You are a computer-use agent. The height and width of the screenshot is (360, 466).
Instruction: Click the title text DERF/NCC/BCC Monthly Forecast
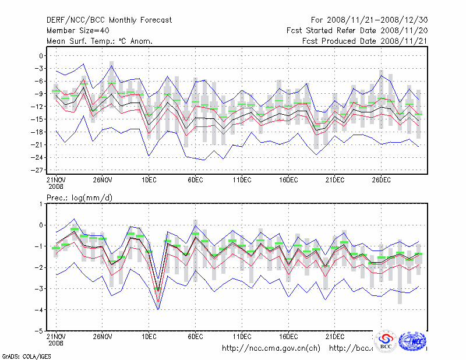109,20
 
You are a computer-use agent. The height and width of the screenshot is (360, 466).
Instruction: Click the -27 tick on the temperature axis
37,170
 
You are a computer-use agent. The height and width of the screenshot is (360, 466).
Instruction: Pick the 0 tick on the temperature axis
41,56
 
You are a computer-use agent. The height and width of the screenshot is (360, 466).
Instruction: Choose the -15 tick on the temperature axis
37,119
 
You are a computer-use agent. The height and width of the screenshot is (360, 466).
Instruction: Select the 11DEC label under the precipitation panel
242,336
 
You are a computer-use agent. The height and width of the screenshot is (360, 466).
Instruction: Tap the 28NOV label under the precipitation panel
102,336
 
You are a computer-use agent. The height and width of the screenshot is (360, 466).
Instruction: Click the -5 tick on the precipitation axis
38,331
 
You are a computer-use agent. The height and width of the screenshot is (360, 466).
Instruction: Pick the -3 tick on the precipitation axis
38,289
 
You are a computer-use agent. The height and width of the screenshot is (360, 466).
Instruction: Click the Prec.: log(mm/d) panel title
79,197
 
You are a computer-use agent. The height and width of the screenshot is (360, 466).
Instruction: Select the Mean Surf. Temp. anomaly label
100,41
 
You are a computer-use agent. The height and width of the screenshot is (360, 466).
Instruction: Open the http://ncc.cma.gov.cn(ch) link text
271,348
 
